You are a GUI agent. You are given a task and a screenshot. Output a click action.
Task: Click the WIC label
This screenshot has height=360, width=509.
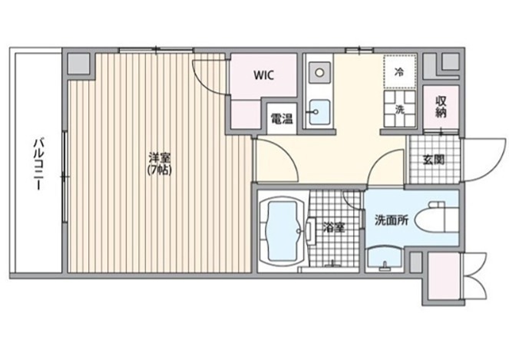click(263, 75)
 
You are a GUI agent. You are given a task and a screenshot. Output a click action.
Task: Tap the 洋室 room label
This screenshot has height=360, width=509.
click(160, 158)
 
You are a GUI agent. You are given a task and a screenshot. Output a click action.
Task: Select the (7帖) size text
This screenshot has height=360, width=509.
click(160, 170)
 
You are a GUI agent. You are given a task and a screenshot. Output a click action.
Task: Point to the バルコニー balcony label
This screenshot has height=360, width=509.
click(39, 164)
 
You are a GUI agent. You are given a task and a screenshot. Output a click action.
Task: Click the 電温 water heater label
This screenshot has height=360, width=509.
click(282, 119)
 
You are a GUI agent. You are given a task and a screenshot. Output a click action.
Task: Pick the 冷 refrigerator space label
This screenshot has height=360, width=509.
click(400, 72)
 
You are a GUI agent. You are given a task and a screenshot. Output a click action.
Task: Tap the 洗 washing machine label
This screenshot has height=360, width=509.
click(400, 110)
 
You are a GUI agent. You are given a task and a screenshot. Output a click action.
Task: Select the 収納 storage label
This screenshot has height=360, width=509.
click(441, 107)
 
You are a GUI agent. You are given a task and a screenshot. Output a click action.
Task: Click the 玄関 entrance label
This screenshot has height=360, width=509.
click(434, 160)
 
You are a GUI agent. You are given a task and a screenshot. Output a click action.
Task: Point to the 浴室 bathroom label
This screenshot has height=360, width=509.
click(333, 227)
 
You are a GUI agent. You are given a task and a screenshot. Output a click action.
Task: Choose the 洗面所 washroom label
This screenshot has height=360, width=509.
click(392, 221)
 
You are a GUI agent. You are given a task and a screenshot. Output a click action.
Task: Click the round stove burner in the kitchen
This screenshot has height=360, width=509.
click(319, 72)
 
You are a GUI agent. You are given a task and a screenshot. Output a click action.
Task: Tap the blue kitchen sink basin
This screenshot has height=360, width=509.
click(319, 112)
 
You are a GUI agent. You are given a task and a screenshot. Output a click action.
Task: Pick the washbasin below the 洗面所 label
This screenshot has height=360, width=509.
click(385, 256)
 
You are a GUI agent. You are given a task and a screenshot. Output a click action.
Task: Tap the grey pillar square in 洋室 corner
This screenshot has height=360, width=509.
click(78, 64)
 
